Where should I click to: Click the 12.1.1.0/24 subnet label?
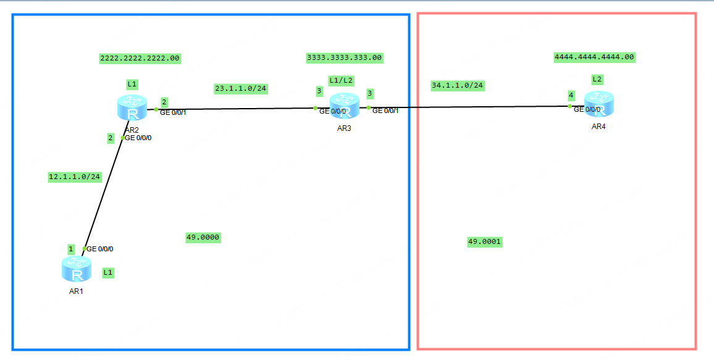pyautogui.click(x=74, y=177)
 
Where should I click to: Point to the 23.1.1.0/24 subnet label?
pyautogui.click(x=240, y=88)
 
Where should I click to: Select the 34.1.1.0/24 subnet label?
pyautogui.click(x=457, y=85)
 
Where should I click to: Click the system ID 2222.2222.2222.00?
pyautogui.click(x=140, y=58)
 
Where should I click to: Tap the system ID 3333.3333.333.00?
pyautogui.click(x=344, y=57)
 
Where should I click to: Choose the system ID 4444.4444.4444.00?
pyautogui.click(x=594, y=57)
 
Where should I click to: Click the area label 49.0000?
pyautogui.click(x=203, y=237)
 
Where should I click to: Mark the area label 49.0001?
pyautogui.click(x=485, y=242)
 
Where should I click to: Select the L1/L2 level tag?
pyautogui.click(x=341, y=80)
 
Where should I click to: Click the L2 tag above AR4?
pyautogui.click(x=597, y=79)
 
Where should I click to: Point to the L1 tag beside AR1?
pyautogui.click(x=108, y=272)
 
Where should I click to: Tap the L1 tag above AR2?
pyautogui.click(x=132, y=83)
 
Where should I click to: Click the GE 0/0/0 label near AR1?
pyautogui.click(x=100, y=249)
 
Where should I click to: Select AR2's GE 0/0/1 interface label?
pyautogui.click(x=173, y=112)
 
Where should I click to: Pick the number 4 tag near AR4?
pyautogui.click(x=571, y=95)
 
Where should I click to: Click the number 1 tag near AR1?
pyautogui.click(x=71, y=249)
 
